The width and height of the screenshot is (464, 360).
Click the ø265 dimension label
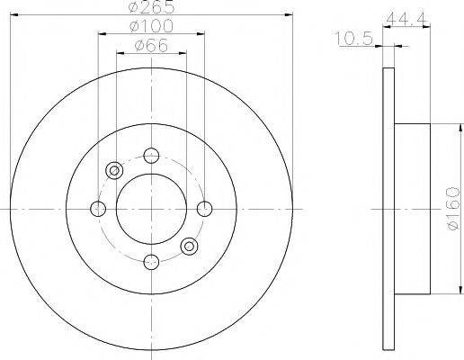[x=151, y=7]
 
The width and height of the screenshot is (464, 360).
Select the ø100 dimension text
[x=151, y=26]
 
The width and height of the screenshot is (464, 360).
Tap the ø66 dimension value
[x=151, y=46]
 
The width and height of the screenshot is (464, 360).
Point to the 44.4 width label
[x=406, y=21]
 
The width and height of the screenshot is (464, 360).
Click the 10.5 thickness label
[x=353, y=39]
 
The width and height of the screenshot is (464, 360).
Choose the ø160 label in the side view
[x=453, y=209]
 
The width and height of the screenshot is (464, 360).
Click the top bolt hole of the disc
[x=151, y=156]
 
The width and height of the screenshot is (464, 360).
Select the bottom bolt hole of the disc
[x=151, y=262]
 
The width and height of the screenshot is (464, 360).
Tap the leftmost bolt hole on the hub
[x=98, y=209]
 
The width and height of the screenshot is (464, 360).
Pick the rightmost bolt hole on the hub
[x=204, y=209]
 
